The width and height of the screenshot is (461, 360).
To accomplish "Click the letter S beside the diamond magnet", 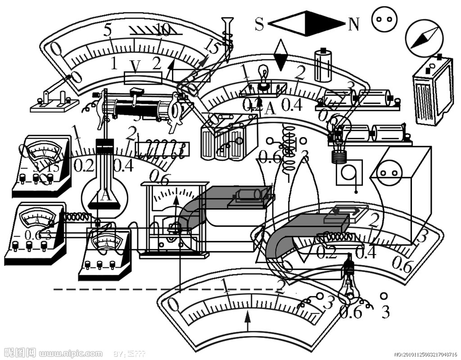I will tap(259, 24).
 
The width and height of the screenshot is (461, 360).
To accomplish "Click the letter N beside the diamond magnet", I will tap(353, 24).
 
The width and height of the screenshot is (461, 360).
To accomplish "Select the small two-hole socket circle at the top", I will tap(385, 19).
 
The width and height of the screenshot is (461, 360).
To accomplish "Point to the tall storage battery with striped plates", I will tap(433, 91).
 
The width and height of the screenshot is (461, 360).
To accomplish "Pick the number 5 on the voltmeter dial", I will tap(107, 30).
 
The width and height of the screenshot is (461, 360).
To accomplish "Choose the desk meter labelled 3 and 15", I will tap(42, 165).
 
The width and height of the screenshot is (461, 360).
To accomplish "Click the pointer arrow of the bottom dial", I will tap(247, 321).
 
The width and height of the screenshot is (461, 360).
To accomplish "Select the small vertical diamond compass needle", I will tap(281, 55).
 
